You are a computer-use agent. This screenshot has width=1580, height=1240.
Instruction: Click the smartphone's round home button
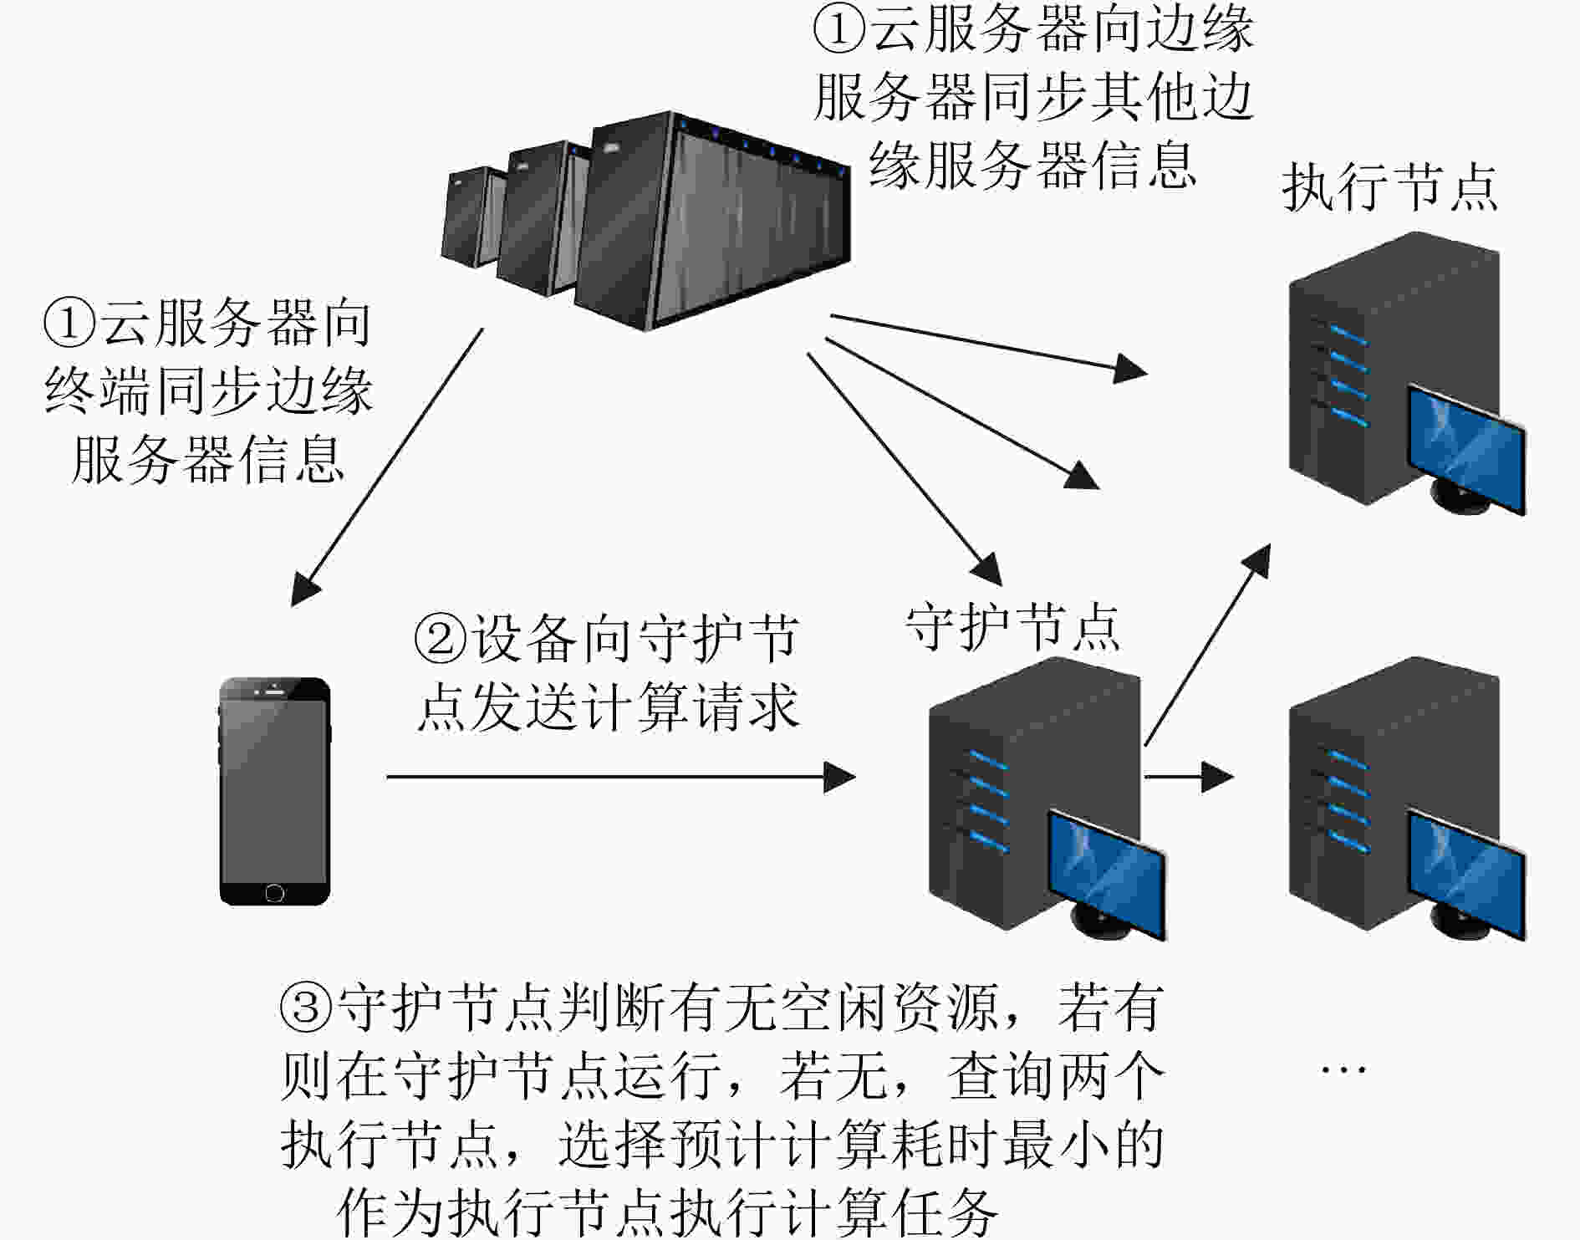[x=274, y=893]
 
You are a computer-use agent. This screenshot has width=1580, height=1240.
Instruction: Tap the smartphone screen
[x=275, y=791]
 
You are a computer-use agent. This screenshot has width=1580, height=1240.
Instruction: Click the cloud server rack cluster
[x=645, y=220]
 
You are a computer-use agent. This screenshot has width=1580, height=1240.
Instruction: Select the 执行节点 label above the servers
[x=1389, y=187]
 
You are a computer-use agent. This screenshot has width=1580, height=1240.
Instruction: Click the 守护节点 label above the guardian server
[x=1013, y=627]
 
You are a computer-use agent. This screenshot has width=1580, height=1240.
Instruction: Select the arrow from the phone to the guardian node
[x=621, y=777]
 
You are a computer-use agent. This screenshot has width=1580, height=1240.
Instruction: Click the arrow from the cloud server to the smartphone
[x=387, y=467]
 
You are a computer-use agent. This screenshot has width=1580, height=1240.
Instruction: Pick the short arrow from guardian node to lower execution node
[x=1189, y=777]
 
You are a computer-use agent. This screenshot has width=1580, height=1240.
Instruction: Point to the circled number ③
[x=307, y=1008]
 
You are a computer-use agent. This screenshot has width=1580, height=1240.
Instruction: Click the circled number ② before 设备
[x=441, y=639]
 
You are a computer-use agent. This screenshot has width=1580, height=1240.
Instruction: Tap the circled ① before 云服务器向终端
[x=70, y=324]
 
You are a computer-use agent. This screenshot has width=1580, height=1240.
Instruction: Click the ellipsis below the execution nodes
[x=1343, y=1069]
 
